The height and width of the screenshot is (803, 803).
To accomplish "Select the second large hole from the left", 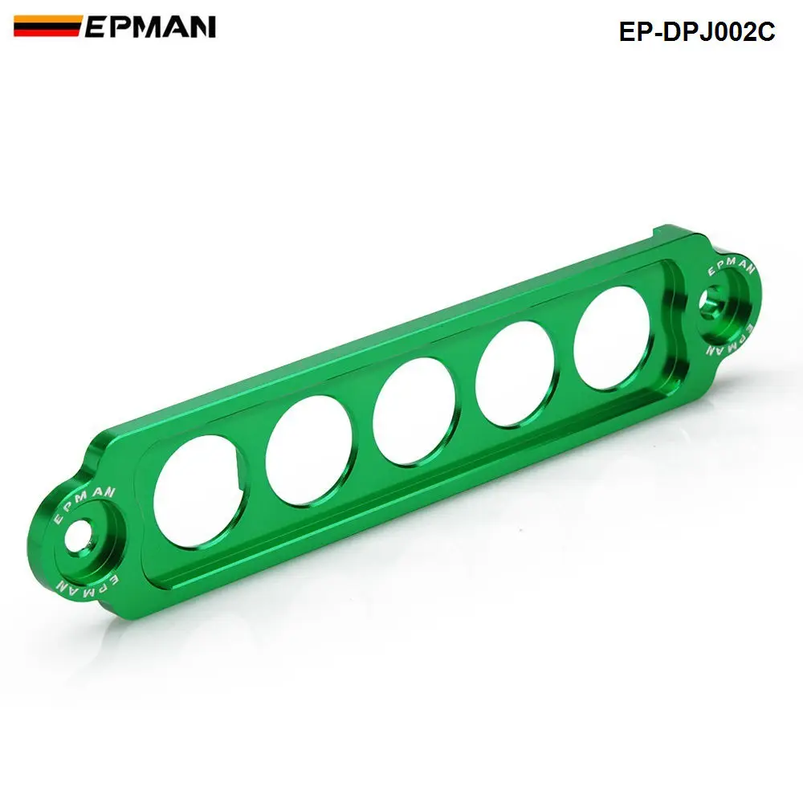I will (x=308, y=450).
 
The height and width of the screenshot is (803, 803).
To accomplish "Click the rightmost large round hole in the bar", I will (x=613, y=337).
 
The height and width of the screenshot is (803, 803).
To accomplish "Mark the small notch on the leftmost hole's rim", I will (x=238, y=463).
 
